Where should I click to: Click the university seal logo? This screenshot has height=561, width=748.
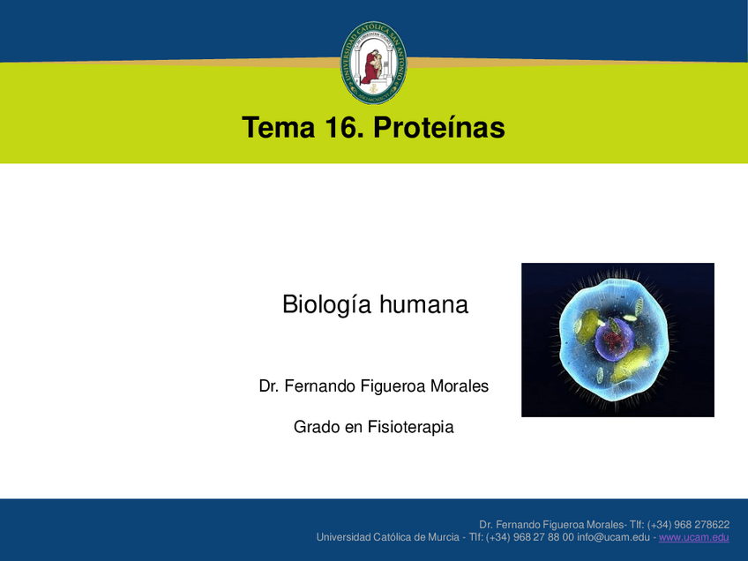click(x=373, y=63)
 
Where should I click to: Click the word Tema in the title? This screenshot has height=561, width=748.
click(x=279, y=127)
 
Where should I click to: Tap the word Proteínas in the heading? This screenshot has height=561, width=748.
click(x=439, y=127)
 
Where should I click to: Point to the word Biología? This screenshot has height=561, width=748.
click(x=326, y=305)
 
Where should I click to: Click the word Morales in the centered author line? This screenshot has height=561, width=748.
click(x=460, y=386)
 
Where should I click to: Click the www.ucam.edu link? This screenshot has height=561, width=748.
click(x=693, y=537)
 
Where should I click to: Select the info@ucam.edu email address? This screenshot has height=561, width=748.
click(x=613, y=537)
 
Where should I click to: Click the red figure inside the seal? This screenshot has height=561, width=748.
click(x=371, y=67)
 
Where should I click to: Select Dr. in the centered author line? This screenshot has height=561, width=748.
click(x=268, y=386)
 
